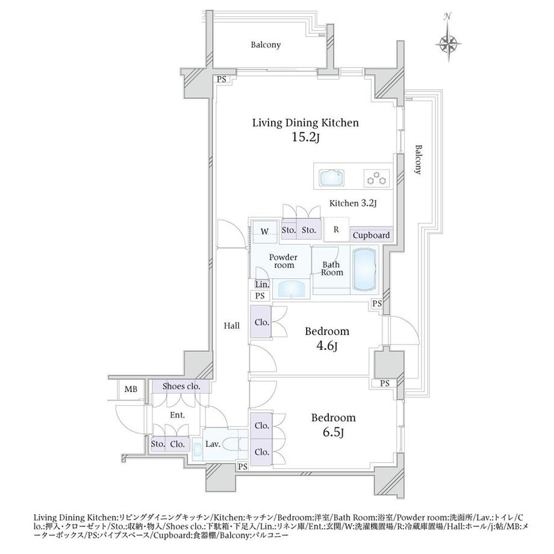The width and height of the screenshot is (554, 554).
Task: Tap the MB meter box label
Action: point(131,390)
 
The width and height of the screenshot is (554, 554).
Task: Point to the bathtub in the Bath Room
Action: point(365,270)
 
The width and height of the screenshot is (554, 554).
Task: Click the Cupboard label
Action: point(372,235)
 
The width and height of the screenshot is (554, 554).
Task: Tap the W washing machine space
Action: point(264,231)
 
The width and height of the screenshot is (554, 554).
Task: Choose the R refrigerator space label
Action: point(336,229)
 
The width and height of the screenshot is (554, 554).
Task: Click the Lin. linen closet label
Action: point(262,284)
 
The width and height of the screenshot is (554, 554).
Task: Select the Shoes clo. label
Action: point(181,387)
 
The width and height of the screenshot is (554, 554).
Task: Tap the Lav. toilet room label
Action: point(213,444)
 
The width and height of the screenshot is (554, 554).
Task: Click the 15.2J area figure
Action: point(305,138)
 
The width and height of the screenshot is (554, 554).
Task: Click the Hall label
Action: point(231,326)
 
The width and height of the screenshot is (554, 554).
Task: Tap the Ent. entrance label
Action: point(178,415)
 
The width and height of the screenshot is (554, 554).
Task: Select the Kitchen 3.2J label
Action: point(353,204)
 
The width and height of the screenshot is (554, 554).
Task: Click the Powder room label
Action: point(284,261)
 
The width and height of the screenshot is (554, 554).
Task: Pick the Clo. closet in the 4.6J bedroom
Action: point(262,322)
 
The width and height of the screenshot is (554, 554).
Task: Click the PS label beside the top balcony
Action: point(222,79)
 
